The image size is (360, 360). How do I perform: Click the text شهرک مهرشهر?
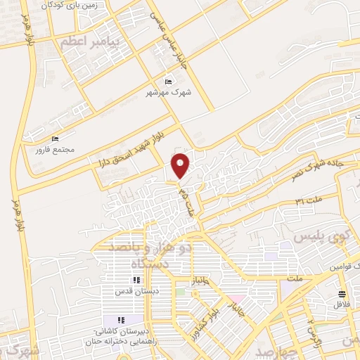(169, 92)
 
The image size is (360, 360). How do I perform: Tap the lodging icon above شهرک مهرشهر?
(168, 82)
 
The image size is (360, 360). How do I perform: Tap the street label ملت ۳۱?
(309, 202)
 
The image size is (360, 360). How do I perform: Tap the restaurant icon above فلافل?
(342, 294)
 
